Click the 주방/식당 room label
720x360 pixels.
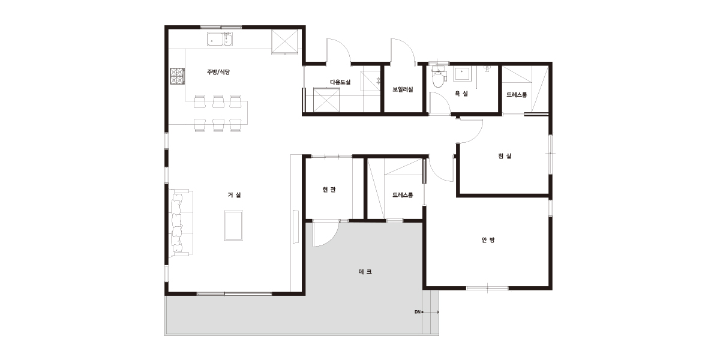coord(218,72)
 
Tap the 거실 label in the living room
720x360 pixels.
coord(235,195)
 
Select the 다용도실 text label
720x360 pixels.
coord(340,82)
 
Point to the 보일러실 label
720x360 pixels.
coord(403,89)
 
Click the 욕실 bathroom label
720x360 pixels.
coord(461,94)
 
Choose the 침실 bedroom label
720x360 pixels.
coord(505,156)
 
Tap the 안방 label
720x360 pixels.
coord(488,240)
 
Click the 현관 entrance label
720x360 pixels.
coord(329,190)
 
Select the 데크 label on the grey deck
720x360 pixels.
coord(365,272)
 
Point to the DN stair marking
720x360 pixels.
coord(418,312)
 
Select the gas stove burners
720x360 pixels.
coord(177,76)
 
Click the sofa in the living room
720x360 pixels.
coord(181,223)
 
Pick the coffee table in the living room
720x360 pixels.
coord(233,226)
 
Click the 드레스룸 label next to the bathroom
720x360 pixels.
coord(517,95)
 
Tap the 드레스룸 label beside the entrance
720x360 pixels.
coord(403,195)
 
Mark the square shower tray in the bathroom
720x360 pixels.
coord(462,74)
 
